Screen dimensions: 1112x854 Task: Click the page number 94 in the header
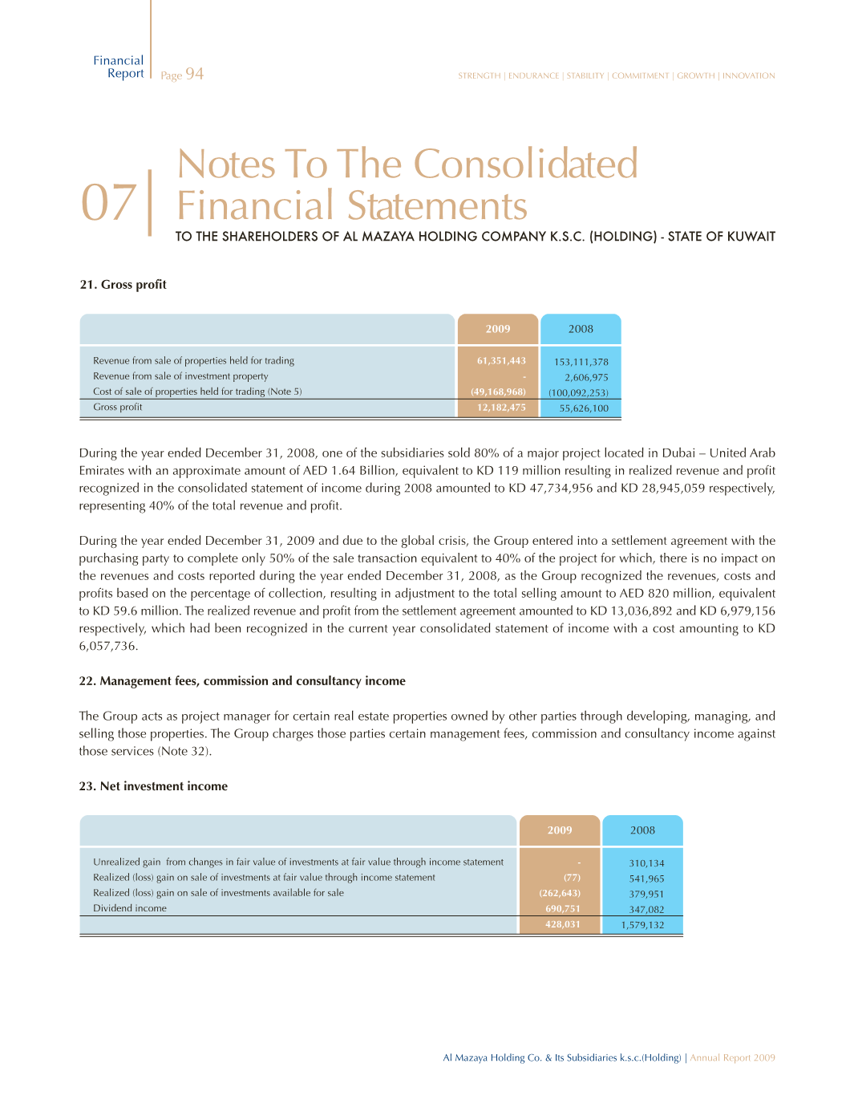click(x=194, y=74)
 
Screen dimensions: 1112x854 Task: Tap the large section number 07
click(x=108, y=202)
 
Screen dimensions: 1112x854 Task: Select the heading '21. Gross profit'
click(x=123, y=285)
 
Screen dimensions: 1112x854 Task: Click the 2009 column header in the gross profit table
click(x=498, y=329)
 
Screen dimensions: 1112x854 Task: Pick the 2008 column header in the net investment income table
click(x=642, y=830)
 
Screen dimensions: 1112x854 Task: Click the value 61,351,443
click(x=501, y=361)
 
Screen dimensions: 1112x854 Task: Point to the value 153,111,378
click(x=581, y=362)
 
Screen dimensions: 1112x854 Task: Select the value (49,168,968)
click(x=498, y=392)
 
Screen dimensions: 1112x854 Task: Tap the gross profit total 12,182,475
click(x=501, y=408)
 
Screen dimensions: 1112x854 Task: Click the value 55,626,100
click(x=584, y=408)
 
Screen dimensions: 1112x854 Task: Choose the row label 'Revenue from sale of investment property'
click(x=180, y=376)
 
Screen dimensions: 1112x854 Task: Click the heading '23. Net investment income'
click(x=153, y=786)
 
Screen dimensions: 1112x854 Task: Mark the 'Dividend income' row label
click(x=130, y=908)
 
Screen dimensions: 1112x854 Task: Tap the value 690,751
click(x=562, y=909)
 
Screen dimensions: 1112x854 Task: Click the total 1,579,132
click(x=642, y=925)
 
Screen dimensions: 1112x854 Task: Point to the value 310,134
click(x=646, y=863)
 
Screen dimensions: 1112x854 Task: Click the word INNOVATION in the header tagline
click(x=748, y=76)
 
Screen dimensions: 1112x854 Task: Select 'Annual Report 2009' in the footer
click(x=732, y=1057)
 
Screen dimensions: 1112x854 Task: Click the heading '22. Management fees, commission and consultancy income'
click(x=242, y=681)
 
